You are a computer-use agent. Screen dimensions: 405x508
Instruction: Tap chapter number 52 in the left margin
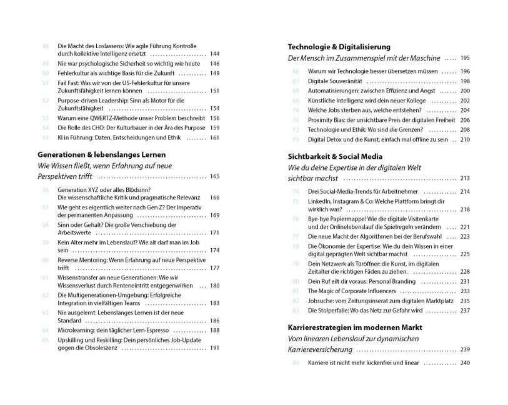[x=45, y=100]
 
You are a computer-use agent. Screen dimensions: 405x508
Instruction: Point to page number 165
[x=214, y=177]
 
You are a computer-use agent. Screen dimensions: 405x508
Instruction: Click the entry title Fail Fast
[x=69, y=82]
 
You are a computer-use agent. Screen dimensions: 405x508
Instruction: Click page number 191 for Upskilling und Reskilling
[x=214, y=348]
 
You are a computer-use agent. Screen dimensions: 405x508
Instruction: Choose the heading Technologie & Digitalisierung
[x=339, y=46]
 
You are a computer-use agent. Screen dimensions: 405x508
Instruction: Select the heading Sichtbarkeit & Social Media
[x=335, y=156]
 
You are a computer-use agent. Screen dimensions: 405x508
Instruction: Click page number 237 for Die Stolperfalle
[x=464, y=310]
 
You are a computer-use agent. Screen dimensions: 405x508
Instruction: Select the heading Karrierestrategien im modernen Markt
[x=355, y=327]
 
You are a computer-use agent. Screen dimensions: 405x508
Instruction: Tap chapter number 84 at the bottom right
[x=296, y=362]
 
